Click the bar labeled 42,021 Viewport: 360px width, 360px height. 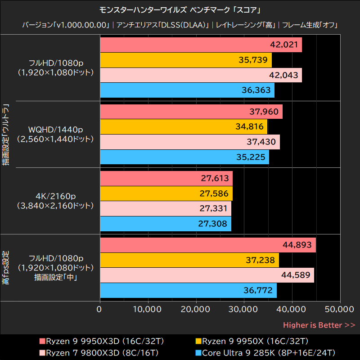pyautogui.click(x=201, y=45)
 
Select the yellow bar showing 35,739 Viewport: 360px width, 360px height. pyautogui.click(x=185, y=60)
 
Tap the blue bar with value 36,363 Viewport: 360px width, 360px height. pyautogui.click(x=187, y=90)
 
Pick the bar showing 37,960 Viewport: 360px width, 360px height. pyautogui.click(x=191, y=112)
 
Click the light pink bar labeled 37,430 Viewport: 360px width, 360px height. pyautogui.click(x=189, y=142)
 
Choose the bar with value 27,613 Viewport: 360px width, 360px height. pyautogui.click(x=166, y=178)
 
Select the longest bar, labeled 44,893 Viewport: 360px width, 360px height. pyautogui.click(x=207, y=245)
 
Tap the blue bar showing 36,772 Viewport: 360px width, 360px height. pyautogui.click(x=188, y=290)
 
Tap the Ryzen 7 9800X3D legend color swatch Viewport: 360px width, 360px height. pyautogui.click(x=42, y=352)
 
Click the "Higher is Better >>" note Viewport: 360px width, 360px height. pyautogui.click(x=319, y=325)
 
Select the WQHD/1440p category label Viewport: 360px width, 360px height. pyautogui.click(x=55, y=130)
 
